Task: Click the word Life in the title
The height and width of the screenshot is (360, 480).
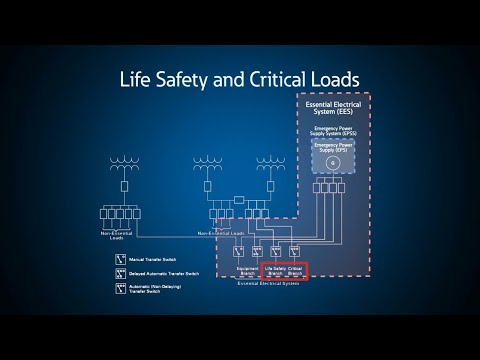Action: [137, 78]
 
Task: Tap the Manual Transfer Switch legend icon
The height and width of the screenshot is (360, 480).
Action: [121, 259]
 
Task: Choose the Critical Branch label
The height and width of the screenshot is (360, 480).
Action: [295, 271]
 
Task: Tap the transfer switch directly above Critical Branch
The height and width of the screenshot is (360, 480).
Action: [295, 251]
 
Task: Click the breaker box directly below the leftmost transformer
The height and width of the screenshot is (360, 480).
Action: [126, 187]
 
